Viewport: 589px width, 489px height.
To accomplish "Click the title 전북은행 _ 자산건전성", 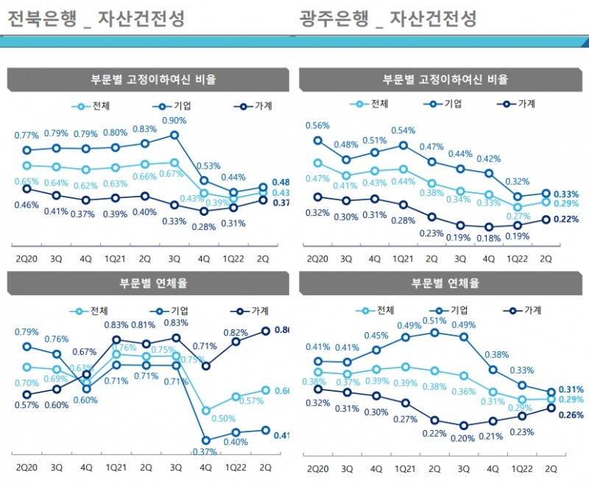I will [96, 18].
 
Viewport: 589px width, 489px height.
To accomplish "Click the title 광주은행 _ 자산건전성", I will [388, 18].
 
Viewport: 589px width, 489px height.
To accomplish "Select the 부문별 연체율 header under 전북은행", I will [147, 283].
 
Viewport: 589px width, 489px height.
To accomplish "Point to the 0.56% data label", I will [317, 125].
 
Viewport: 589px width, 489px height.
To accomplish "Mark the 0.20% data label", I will [462, 438].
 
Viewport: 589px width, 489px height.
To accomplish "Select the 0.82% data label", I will [235, 333].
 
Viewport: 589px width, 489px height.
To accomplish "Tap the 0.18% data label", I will [490, 238].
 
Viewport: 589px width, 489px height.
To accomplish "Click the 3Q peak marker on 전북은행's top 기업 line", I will [174, 135].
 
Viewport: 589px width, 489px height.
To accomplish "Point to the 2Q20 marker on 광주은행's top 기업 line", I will [317, 140].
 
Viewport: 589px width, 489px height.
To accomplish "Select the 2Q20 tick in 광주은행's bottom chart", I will [318, 468].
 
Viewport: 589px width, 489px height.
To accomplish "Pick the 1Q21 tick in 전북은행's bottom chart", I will [116, 468].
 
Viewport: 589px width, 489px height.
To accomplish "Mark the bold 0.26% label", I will [571, 415].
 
